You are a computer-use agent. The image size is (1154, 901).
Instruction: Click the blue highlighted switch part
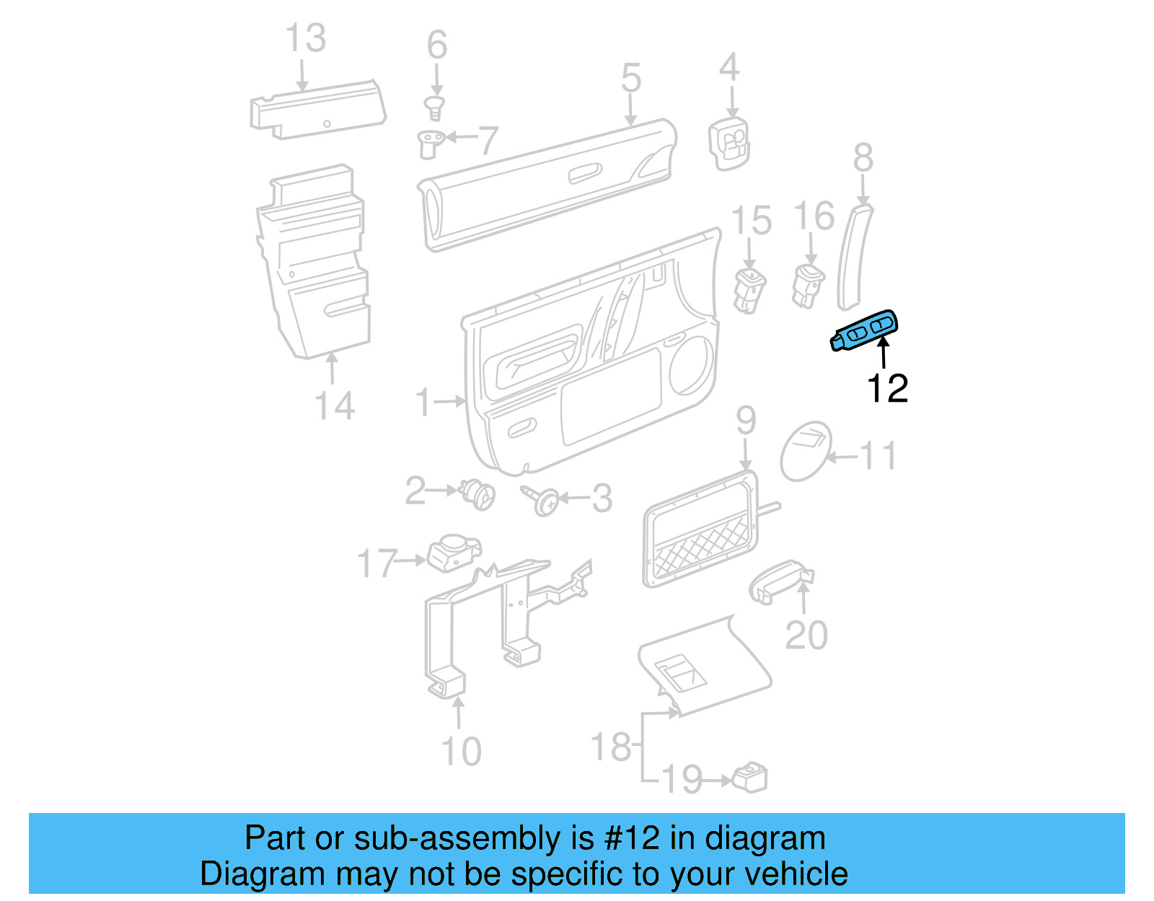tap(865, 332)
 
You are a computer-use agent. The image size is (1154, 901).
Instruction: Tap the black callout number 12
tap(886, 389)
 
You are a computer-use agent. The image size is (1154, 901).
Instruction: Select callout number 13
tap(305, 38)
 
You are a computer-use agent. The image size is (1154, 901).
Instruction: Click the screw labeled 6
tap(434, 109)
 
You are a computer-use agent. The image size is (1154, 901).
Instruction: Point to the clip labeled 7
tap(430, 142)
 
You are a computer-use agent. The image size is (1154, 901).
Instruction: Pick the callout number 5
tap(630, 78)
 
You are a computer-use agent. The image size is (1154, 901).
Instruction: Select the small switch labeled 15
tap(749, 289)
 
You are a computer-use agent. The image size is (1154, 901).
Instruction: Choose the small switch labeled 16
tap(807, 284)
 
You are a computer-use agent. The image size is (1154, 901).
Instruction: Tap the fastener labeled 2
tap(478, 494)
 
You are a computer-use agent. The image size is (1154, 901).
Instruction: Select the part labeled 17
tap(452, 553)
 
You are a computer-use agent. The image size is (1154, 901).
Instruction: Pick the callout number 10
tap(461, 751)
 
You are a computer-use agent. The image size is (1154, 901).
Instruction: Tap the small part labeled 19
tap(749, 778)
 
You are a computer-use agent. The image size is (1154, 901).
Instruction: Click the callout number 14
tap(335, 405)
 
